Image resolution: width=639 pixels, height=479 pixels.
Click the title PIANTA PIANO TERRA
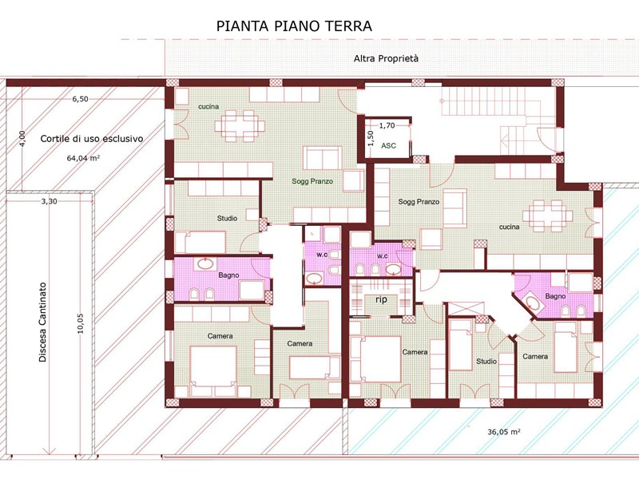294,26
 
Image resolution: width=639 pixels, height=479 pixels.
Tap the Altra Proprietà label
386,58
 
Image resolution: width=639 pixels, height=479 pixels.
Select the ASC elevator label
388,145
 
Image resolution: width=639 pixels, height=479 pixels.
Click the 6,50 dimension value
81,99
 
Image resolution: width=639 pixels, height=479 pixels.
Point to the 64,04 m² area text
84,158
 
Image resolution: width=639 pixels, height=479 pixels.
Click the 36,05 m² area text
504,432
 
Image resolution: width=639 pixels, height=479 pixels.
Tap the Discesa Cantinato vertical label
43,323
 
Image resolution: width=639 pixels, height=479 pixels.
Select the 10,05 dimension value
80,323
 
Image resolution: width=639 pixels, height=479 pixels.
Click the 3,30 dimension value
49,201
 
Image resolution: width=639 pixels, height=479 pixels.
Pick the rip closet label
382,299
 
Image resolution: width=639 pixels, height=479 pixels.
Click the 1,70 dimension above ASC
387,125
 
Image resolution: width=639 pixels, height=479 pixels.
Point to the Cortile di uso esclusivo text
92,138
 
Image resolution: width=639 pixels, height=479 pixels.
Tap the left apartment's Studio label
227,218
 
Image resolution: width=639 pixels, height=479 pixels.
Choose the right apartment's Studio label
486,362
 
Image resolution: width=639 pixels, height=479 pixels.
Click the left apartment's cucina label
208,107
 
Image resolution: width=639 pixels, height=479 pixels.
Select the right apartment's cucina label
510,227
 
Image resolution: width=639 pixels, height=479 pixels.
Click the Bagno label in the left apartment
228,275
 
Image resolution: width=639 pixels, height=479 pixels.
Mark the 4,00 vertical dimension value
22,137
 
